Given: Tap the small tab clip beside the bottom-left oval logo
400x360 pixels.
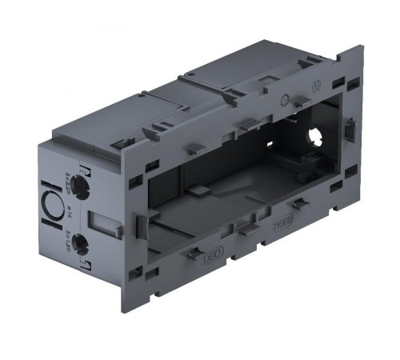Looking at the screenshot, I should click(194, 254).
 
